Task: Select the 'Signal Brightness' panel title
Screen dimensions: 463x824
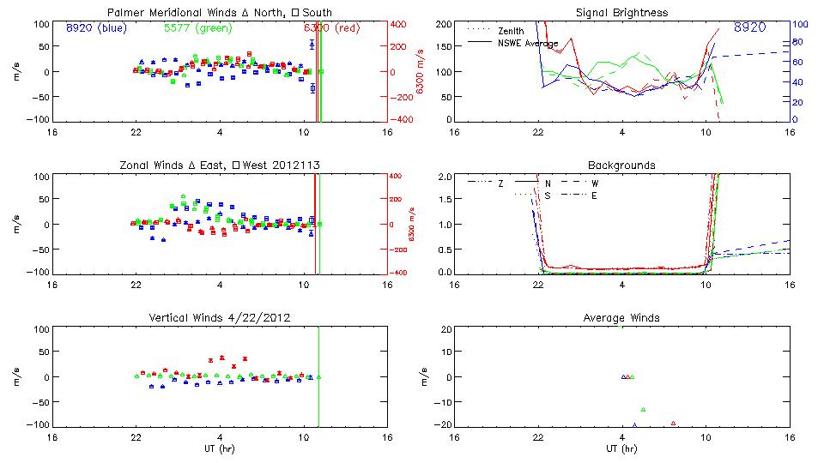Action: (x=621, y=13)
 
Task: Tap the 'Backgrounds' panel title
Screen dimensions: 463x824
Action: (x=621, y=165)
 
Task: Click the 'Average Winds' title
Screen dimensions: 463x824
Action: (x=621, y=318)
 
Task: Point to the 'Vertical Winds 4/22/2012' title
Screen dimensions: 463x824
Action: (x=221, y=318)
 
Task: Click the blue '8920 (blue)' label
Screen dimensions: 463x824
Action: (x=95, y=27)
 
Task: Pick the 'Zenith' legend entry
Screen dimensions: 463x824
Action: (x=511, y=31)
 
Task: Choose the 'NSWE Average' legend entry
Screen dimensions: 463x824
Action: (x=528, y=43)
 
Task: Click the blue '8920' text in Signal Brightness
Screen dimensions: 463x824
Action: (x=750, y=27)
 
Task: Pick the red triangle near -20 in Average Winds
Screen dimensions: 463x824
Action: (x=674, y=423)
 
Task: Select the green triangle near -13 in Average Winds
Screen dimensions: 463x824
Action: (x=643, y=409)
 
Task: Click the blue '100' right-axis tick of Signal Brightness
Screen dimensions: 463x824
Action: (x=799, y=24)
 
